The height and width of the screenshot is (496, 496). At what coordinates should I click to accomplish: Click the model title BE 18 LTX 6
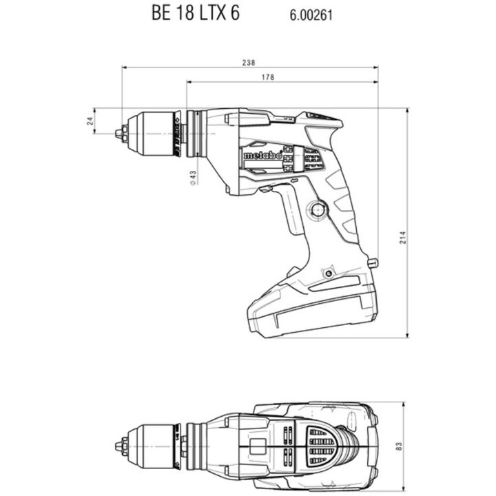point(196,12)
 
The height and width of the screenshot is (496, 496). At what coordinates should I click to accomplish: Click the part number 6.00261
point(311,15)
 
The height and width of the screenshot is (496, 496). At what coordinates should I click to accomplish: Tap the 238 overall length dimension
point(249,63)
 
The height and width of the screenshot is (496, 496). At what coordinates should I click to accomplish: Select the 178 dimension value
point(268,77)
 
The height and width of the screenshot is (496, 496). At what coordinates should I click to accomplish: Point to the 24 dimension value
point(90,121)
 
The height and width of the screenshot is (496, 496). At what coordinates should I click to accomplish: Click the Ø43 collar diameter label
point(193,178)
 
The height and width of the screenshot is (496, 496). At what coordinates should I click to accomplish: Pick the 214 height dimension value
point(402,237)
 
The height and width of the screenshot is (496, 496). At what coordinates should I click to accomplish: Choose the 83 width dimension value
point(399,446)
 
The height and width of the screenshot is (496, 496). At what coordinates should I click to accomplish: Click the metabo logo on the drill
point(262,155)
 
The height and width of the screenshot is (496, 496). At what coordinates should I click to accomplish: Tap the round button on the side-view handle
point(318,209)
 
